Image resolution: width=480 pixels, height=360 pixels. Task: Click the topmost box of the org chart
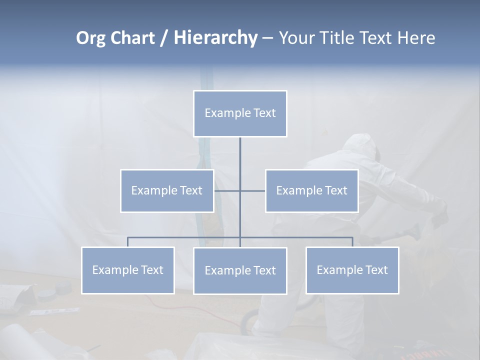pos(240,113)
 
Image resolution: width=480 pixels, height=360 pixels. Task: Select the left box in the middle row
pos(167,190)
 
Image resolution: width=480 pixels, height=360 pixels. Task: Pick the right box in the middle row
pos(311,190)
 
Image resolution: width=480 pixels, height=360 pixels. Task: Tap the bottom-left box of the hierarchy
pos(127,270)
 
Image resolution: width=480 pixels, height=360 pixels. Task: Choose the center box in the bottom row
pos(240,270)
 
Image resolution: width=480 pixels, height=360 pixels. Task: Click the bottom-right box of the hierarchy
pos(352,270)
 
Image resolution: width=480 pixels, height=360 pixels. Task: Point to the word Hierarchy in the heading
pos(215,38)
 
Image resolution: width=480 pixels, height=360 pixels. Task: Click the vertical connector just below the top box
pos(240,152)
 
